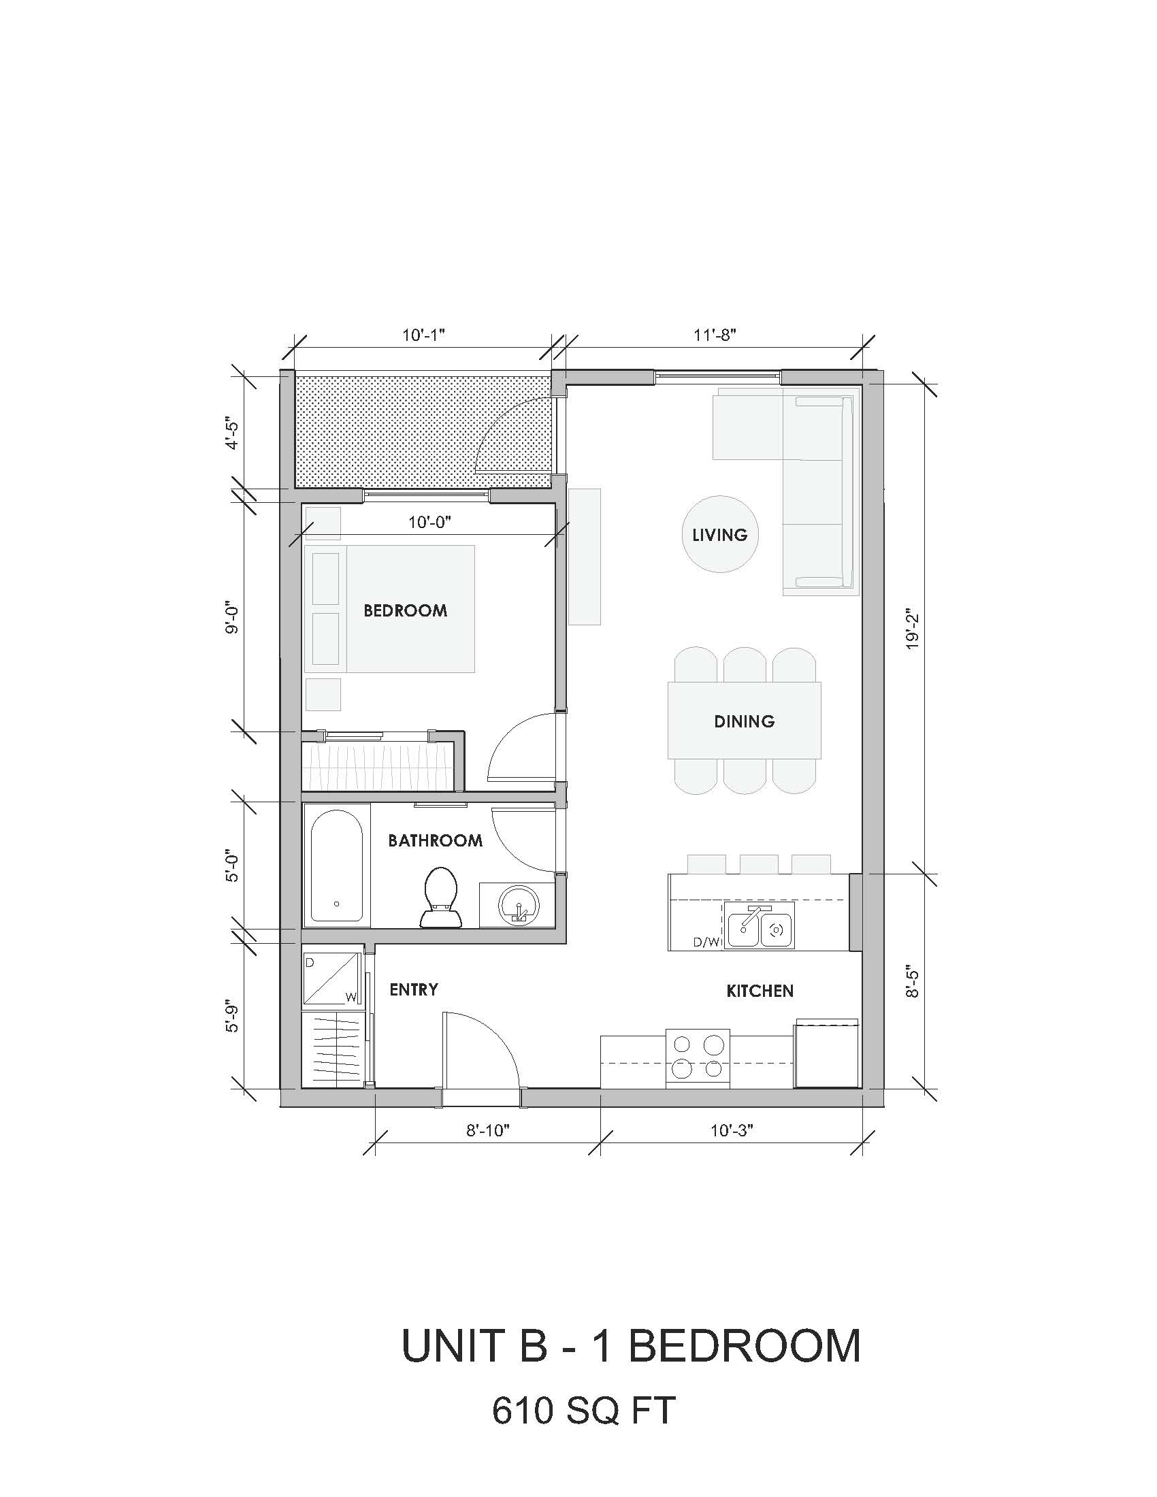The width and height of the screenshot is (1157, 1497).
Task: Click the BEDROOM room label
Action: click(405, 610)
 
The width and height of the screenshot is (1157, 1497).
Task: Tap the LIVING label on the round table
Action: click(719, 535)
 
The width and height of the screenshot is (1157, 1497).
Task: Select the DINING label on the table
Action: click(745, 721)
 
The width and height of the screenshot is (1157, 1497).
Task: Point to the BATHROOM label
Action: click(436, 840)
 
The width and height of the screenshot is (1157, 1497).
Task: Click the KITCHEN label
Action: click(760, 991)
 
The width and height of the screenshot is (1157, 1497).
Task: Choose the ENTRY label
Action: click(414, 989)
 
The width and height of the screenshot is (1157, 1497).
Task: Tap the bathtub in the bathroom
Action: click(336, 866)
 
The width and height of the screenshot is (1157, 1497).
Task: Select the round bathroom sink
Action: click(518, 906)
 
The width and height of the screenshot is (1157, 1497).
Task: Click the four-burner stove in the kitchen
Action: click(698, 1057)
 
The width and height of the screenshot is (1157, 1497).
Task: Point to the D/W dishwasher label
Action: click(707, 942)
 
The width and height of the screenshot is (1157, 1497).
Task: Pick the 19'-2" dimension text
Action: click(911, 629)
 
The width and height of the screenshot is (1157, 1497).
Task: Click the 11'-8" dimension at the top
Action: click(715, 335)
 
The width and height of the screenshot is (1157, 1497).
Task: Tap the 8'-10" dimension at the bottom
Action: click(489, 1130)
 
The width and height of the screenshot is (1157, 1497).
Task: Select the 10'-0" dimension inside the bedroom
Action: click(429, 523)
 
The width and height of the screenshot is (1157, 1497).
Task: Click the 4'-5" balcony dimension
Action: click(233, 435)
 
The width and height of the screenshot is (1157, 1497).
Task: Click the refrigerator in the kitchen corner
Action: click(827, 1054)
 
